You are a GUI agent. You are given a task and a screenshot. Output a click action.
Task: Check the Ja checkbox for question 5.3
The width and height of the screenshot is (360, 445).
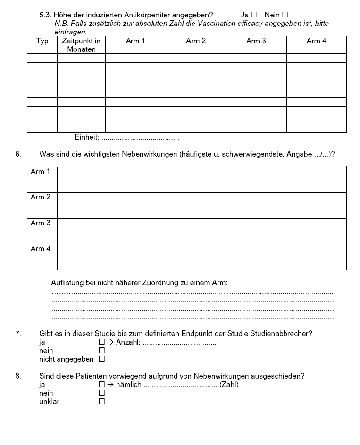[x=254, y=15]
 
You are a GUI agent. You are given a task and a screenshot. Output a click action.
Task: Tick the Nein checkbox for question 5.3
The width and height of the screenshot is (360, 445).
[x=285, y=15]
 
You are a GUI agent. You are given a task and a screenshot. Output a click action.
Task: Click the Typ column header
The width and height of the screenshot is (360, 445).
[x=42, y=41]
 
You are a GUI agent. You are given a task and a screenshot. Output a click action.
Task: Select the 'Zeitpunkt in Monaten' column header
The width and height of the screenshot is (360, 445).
[x=81, y=45]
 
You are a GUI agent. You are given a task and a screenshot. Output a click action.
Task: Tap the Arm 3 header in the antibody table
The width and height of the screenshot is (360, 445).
[x=256, y=41]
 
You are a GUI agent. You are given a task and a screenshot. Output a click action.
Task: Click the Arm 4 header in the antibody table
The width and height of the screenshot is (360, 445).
[x=316, y=41]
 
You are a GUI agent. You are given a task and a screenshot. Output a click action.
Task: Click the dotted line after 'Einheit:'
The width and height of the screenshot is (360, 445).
[x=140, y=138]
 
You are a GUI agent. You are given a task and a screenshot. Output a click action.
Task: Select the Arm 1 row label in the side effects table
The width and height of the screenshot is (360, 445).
[x=41, y=172]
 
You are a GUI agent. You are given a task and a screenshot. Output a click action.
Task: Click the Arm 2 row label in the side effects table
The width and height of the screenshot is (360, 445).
[x=41, y=197]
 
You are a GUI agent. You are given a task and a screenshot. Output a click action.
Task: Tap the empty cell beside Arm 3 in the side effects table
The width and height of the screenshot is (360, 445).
[x=201, y=231]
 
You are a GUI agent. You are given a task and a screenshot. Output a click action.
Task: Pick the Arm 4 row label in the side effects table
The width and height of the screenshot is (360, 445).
[x=41, y=248]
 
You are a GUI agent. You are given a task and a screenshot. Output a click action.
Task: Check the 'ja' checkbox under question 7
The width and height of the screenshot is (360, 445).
[x=101, y=342]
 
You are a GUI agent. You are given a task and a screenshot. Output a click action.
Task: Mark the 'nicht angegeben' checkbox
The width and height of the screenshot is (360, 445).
[x=101, y=359]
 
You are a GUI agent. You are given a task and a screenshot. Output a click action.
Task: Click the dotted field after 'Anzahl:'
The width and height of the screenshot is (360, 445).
[x=179, y=343]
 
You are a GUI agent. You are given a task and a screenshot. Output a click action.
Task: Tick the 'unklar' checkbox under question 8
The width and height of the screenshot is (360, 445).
[x=101, y=402]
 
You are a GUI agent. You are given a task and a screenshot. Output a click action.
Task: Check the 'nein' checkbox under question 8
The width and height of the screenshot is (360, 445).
[x=101, y=393]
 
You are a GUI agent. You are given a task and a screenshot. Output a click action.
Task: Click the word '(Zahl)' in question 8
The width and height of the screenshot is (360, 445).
[x=229, y=385]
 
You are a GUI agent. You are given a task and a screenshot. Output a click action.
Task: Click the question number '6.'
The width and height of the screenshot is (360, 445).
[x=18, y=154]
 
